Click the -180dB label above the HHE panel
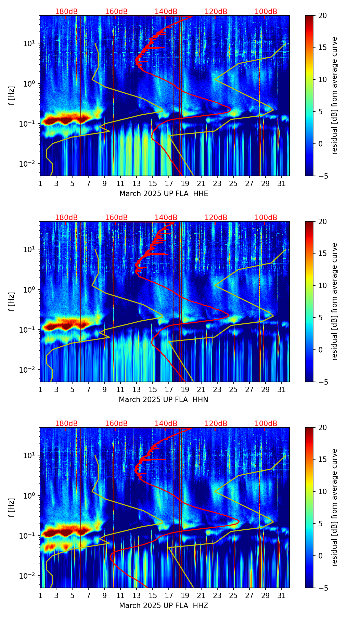(x=65, y=12)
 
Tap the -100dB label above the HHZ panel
(x=265, y=424)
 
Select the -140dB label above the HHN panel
(x=165, y=218)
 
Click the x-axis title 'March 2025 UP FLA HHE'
(x=164, y=194)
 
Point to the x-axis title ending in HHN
(x=164, y=400)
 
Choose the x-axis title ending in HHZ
(x=164, y=606)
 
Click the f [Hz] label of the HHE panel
(x=12, y=95)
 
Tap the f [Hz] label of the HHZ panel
(x=12, y=507)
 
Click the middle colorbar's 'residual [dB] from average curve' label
(x=335, y=301)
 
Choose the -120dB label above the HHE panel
(x=215, y=12)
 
